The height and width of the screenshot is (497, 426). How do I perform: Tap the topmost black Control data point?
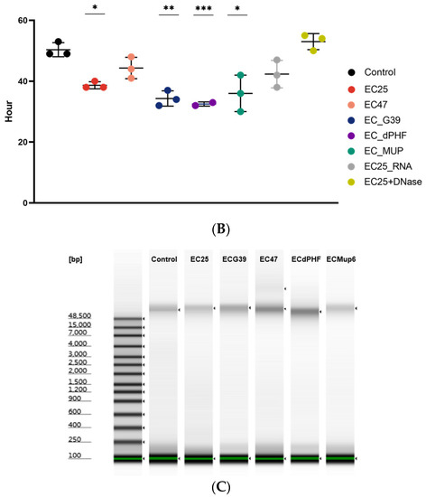59,42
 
